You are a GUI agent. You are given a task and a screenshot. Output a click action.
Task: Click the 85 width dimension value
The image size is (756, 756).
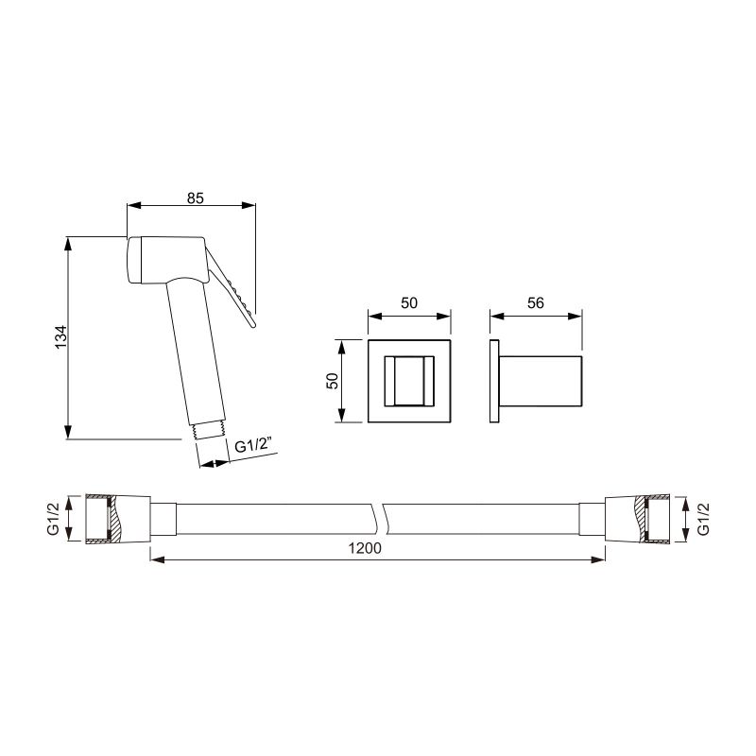click(x=196, y=198)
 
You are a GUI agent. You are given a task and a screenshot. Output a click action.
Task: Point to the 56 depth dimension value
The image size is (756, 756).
click(x=535, y=303)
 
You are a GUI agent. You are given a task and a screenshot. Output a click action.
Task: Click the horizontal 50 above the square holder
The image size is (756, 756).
click(x=409, y=303)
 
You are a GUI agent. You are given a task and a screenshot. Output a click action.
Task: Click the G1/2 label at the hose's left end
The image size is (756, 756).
click(x=53, y=519)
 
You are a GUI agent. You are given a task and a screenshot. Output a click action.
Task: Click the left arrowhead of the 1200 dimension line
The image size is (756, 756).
click(x=157, y=560)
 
